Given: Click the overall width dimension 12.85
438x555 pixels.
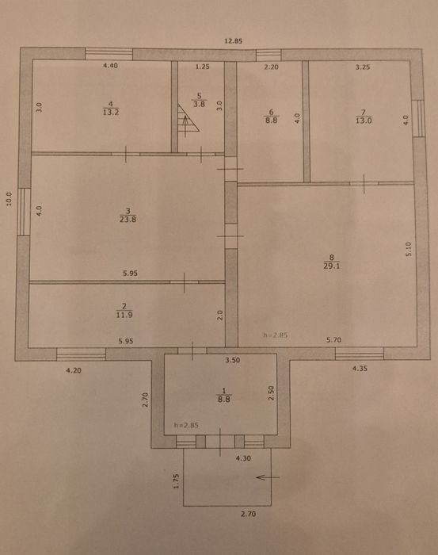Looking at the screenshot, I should pyautogui.click(x=231, y=40).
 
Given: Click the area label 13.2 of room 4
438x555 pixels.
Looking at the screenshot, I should pyautogui.click(x=111, y=113).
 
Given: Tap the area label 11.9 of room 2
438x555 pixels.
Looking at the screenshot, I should pyautogui.click(x=123, y=315).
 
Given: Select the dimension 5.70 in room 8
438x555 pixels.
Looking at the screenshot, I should pyautogui.click(x=333, y=340).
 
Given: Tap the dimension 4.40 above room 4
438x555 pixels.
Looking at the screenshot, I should pyautogui.click(x=111, y=67).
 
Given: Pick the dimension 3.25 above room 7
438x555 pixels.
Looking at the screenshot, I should pyautogui.click(x=362, y=67).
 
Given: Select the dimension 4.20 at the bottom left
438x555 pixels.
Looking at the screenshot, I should pyautogui.click(x=74, y=369).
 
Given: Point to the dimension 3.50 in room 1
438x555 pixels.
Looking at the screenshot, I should pyautogui.click(x=232, y=360).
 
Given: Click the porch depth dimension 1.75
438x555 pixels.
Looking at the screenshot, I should pyautogui.click(x=177, y=480).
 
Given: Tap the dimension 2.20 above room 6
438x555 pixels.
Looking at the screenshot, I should pyautogui.click(x=272, y=67).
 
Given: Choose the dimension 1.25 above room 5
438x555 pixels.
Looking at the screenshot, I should pyautogui.click(x=202, y=67).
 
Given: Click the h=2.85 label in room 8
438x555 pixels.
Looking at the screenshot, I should pyautogui.click(x=275, y=335).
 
